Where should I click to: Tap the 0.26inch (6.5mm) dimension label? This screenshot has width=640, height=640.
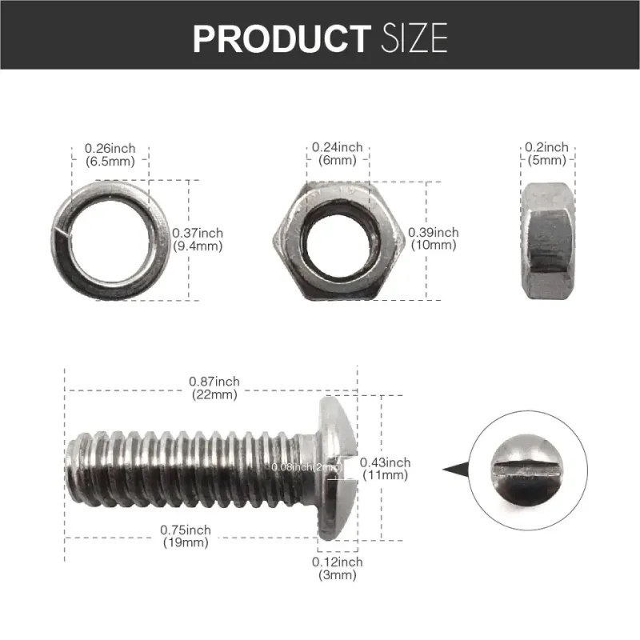(x=110, y=154)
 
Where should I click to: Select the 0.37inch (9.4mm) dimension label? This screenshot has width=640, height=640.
(x=198, y=239)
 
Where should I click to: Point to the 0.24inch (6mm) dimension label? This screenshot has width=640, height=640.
(x=337, y=154)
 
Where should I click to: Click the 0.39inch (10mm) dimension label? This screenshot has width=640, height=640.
(x=434, y=238)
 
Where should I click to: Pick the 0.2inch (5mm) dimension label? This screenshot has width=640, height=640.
(x=546, y=154)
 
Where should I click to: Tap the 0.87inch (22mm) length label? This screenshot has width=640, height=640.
(x=214, y=387)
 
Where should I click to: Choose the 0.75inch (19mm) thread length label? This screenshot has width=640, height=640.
(x=186, y=536)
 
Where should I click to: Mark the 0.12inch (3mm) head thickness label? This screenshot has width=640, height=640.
(x=337, y=568)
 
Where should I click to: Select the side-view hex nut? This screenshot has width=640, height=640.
(x=546, y=238)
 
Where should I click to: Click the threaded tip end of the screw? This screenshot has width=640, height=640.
(x=74, y=467)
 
